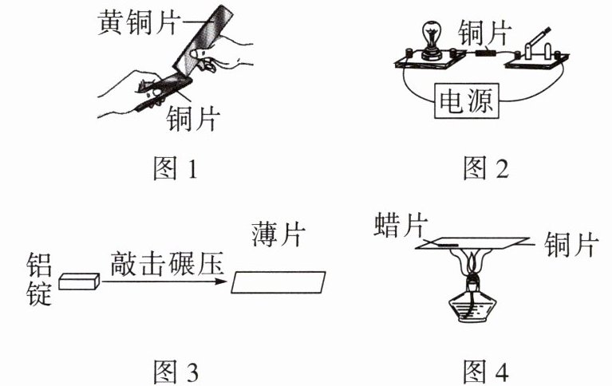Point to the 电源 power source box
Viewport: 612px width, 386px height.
tap(467, 101)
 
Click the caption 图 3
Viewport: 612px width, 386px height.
tap(173, 372)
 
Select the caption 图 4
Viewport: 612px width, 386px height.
tap(484, 372)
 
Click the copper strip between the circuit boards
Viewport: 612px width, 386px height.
tap(483, 55)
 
